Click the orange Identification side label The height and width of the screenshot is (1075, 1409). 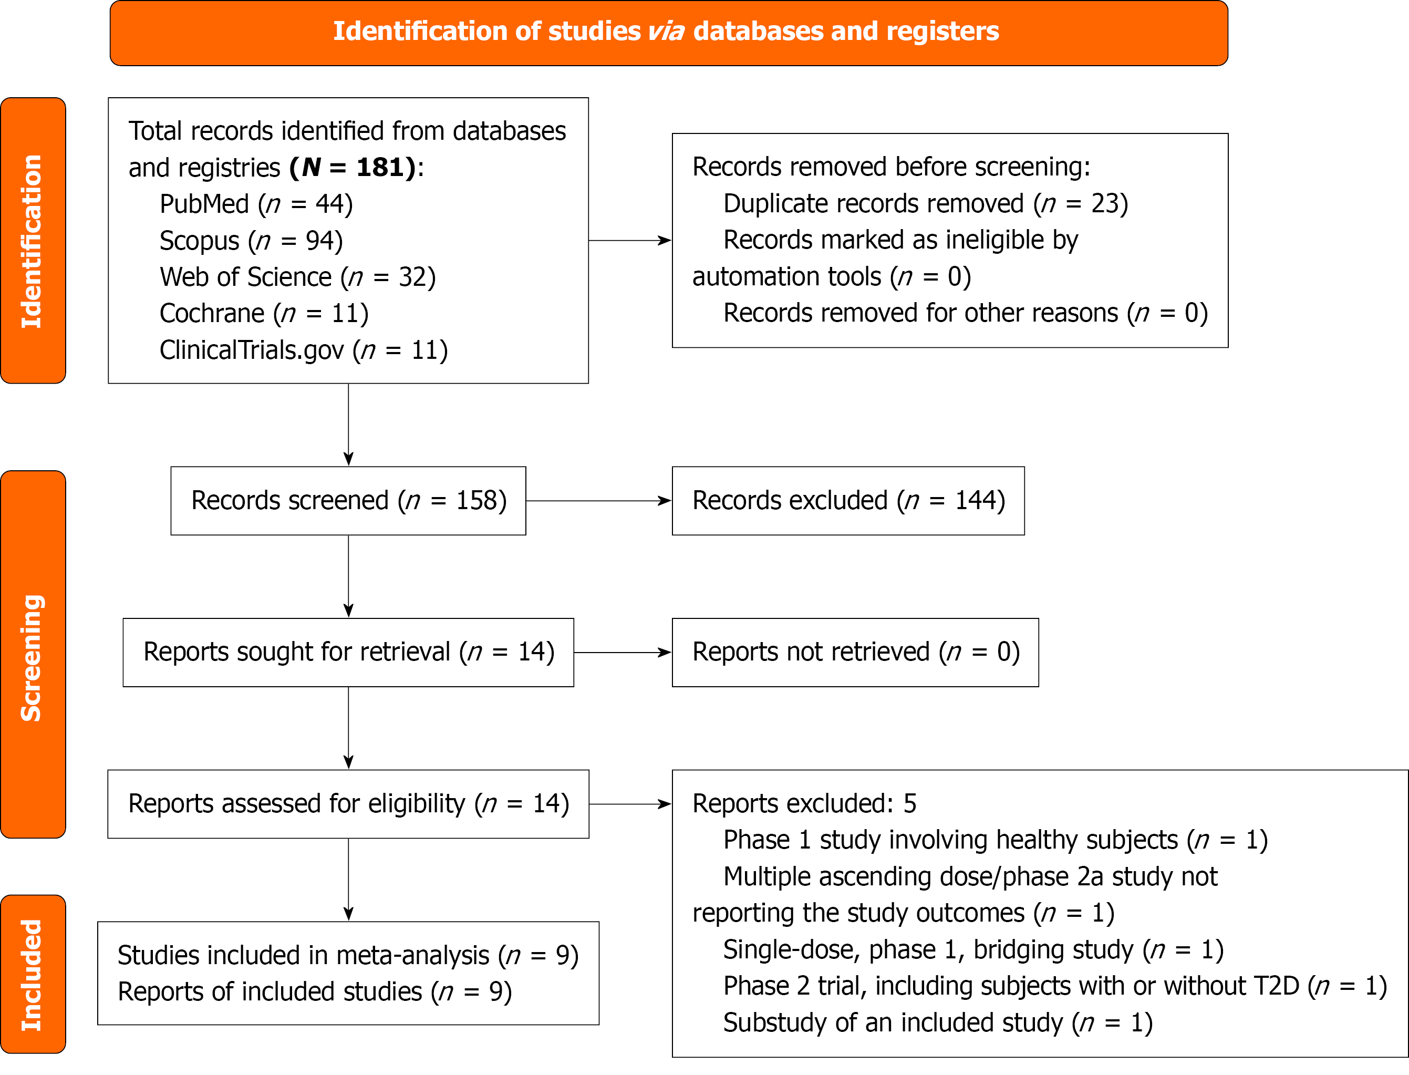[x=33, y=241]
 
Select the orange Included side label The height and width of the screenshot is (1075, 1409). [x=33, y=974]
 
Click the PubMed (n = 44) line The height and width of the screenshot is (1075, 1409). [x=256, y=204]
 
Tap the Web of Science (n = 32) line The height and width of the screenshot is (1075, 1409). [x=297, y=277]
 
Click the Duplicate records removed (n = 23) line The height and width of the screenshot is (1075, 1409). [x=925, y=203]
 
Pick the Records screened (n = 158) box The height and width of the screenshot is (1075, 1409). [x=348, y=500]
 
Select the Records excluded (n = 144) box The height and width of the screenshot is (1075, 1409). [x=848, y=500]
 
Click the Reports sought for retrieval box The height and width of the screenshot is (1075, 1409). [x=348, y=652]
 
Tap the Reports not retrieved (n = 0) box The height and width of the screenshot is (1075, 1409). [x=855, y=652]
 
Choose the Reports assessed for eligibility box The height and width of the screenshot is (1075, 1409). [x=348, y=804]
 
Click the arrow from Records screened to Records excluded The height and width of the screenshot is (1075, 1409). [x=598, y=500]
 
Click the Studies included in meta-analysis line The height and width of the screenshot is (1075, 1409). [x=348, y=955]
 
